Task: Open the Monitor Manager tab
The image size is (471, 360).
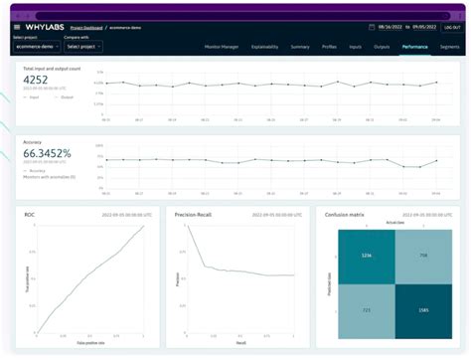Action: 222,47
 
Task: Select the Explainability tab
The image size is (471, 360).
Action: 264,47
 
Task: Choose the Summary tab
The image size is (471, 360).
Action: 300,47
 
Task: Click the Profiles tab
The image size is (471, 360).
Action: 329,47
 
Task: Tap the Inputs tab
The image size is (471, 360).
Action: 356,47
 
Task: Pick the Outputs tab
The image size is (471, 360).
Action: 381,47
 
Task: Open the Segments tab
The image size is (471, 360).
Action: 449,47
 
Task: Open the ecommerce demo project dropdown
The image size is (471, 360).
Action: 37,47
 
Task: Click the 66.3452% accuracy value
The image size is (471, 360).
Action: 47,153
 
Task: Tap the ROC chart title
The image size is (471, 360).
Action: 32,214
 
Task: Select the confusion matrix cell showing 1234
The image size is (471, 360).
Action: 366,256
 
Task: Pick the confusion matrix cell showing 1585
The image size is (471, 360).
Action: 422,311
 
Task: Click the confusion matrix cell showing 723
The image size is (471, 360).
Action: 366,311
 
